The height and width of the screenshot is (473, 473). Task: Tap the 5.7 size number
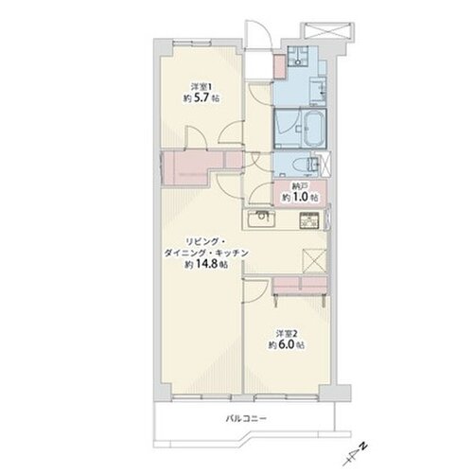[x=201, y=98]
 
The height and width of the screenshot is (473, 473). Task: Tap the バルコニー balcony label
[x=246, y=419]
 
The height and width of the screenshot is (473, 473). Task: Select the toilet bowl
[x=300, y=166]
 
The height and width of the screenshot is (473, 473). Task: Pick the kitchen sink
[x=261, y=219]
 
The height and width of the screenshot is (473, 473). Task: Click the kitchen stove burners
[x=309, y=219]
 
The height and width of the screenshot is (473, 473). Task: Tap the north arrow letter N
[x=363, y=447]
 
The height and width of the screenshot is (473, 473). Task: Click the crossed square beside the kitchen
[x=314, y=261]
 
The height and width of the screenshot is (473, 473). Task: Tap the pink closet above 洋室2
[x=300, y=285]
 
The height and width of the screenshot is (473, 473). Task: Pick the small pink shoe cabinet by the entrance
[x=279, y=66]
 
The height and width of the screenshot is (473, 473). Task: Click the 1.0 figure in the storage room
[x=299, y=198]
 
